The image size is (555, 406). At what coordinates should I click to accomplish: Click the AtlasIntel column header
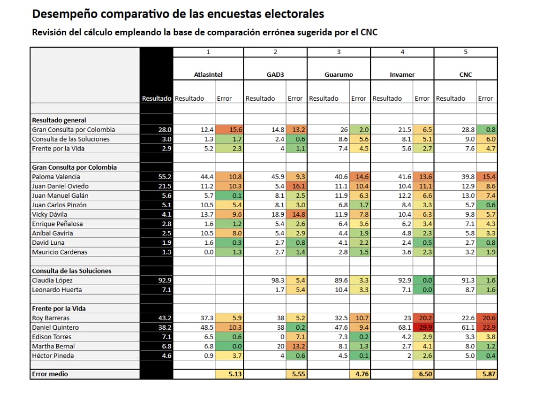[208, 75]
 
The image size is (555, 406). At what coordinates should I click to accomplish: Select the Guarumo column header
[339, 75]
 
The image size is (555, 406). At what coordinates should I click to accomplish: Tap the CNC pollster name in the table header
[465, 75]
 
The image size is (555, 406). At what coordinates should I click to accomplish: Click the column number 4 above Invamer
[402, 52]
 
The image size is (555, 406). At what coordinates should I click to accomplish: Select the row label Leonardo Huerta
[55, 290]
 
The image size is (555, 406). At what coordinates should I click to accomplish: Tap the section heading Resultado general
[59, 120]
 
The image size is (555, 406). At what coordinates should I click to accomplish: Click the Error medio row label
[50, 374]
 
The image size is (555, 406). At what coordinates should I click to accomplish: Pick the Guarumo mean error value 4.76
[359, 374]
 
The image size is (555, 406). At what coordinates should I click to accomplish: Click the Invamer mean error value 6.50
[422, 374]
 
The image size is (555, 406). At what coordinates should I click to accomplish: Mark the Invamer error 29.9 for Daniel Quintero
[422, 328]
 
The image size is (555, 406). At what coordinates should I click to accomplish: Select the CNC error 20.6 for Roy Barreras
[486, 318]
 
